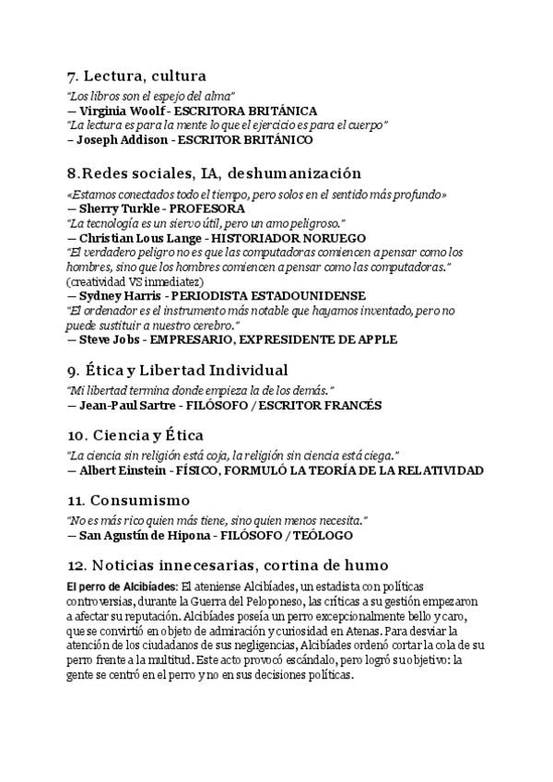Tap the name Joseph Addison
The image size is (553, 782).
click(x=118, y=140)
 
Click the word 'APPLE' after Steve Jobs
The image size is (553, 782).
click(x=376, y=339)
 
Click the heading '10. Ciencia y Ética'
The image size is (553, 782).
click(x=135, y=434)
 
